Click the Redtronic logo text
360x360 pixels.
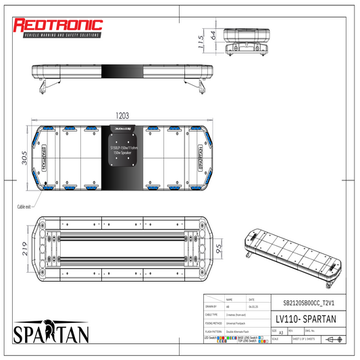[x=57, y=25]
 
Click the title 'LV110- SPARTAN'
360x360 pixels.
[x=305, y=317]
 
